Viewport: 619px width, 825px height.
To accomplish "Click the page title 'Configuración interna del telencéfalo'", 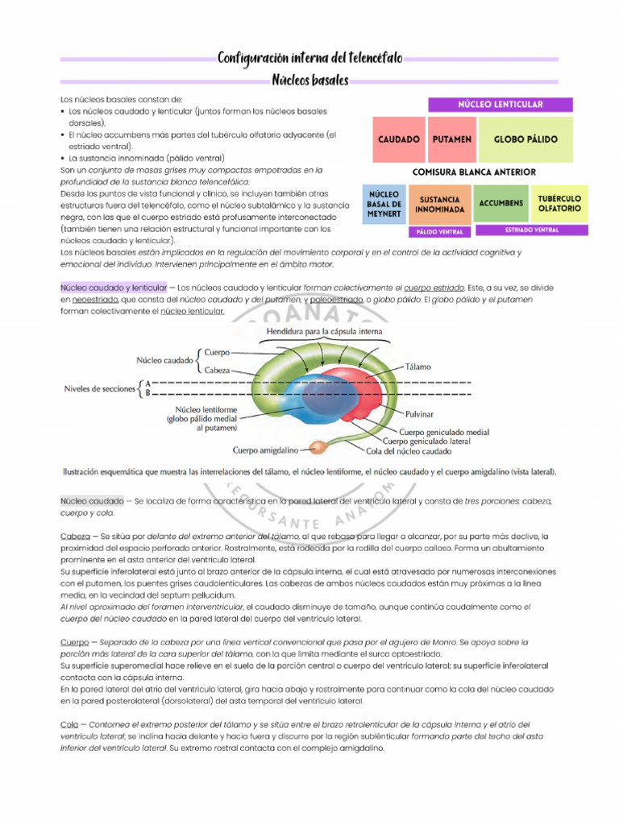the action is pos(309,58).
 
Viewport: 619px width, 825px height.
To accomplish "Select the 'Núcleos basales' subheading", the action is pos(309,81).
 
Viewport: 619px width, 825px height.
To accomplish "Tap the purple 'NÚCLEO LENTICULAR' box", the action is pos(500,104).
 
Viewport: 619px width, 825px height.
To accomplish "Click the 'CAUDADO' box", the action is pos(399,139).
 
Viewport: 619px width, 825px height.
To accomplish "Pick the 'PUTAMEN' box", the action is pos(451,139).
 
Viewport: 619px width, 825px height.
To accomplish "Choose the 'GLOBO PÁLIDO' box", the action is pos(526,139).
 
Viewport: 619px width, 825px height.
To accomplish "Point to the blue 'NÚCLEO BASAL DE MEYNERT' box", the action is pos(384,204).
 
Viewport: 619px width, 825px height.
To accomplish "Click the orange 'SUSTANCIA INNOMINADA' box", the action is pos(439,204).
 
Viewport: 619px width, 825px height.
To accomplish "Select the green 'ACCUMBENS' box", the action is pos(501,204).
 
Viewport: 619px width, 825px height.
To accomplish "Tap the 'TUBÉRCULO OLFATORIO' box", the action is pos(559,204).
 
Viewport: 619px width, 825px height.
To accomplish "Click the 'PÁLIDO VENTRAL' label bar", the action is pos(439,231).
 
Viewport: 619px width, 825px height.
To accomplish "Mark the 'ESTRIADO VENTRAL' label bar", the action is pos(531,230).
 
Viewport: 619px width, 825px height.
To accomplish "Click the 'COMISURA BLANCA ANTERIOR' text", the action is pos(473,172).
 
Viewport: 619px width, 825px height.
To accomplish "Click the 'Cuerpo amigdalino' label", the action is pos(265,450).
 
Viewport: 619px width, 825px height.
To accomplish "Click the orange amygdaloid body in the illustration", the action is pos(320,446).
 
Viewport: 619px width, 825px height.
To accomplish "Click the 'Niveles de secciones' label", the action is pos(99,388).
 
